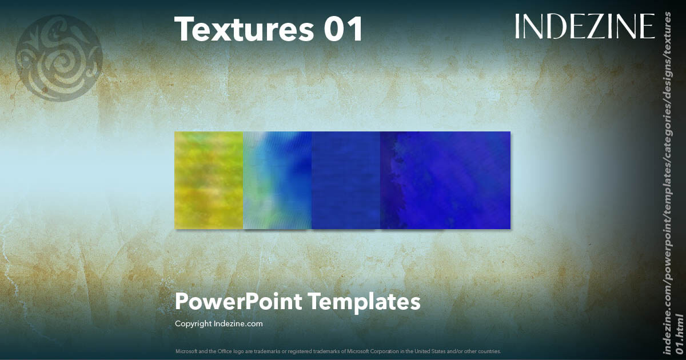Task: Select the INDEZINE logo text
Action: (x=585, y=26)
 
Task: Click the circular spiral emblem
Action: (x=59, y=58)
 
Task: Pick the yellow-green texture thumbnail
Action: (x=209, y=180)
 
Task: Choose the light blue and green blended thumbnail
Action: (x=277, y=180)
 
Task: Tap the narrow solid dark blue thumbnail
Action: (x=346, y=180)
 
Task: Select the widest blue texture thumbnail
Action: (x=445, y=180)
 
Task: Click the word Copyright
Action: (x=193, y=324)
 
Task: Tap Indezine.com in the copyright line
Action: (x=238, y=324)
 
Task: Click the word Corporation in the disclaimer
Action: (x=390, y=351)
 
